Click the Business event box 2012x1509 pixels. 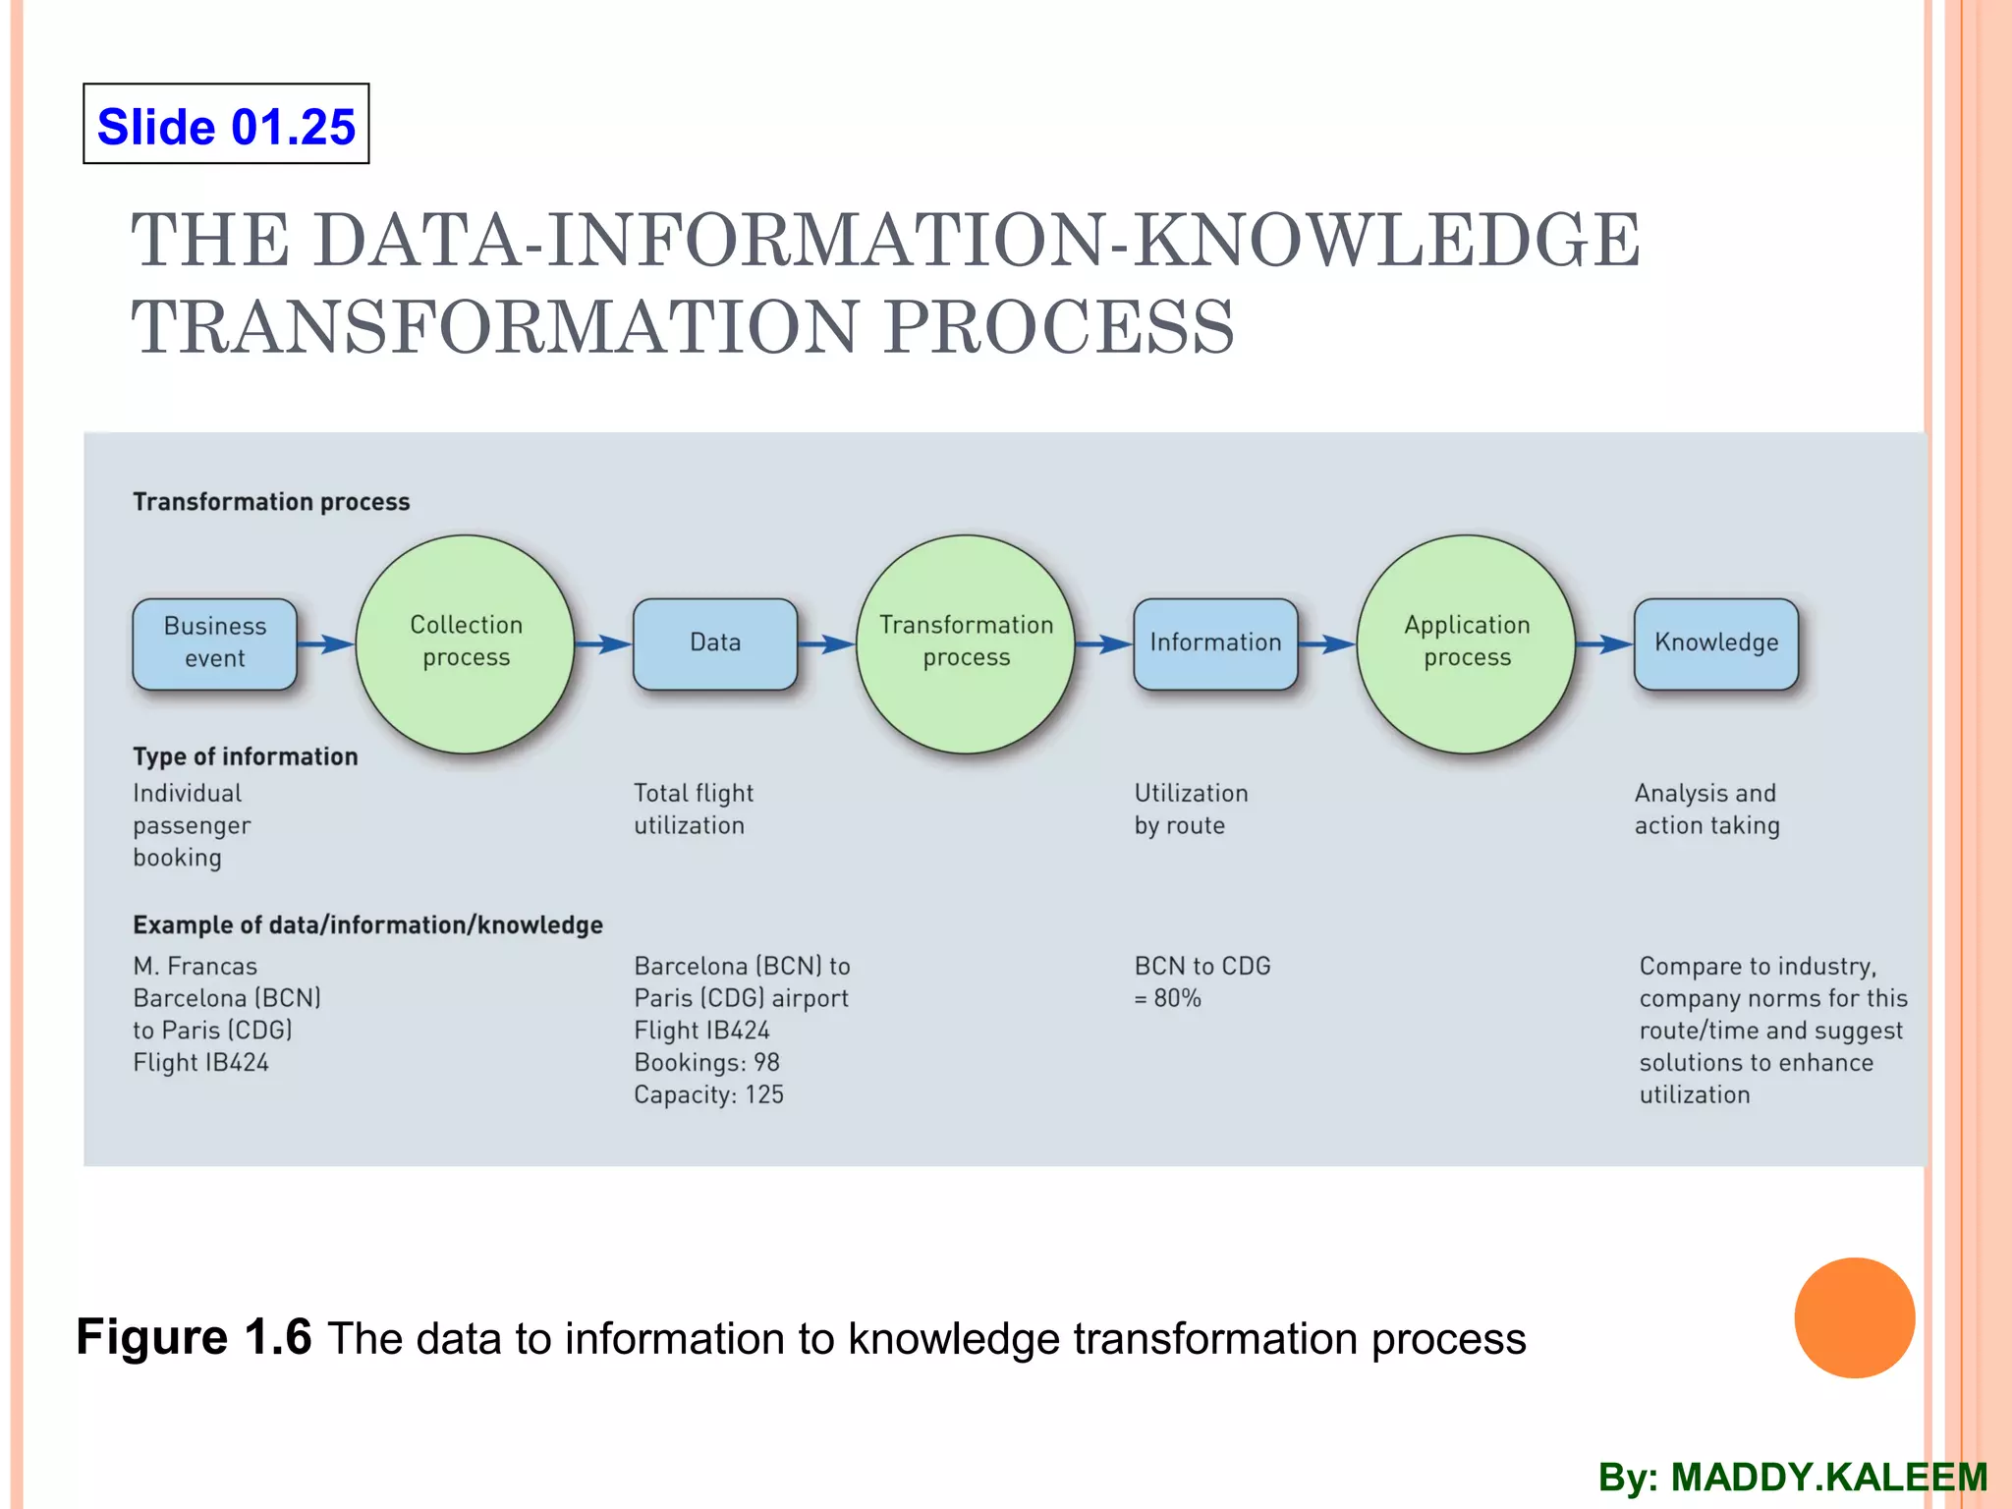pyautogui.click(x=214, y=643)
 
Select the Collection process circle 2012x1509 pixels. pyautogui.click(x=465, y=643)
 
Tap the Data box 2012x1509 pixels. pyautogui.click(x=715, y=643)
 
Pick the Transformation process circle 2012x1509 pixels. pyautogui.click(x=966, y=643)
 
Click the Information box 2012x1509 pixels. pyautogui.click(x=1215, y=643)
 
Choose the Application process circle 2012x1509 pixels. pyautogui.click(x=1466, y=643)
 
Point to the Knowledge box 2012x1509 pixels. pyautogui.click(x=1715, y=643)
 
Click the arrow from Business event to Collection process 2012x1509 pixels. pyautogui.click(x=325, y=644)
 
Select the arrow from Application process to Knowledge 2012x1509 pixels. pyautogui.click(x=1603, y=644)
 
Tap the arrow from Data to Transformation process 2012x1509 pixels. pyautogui.click(x=825, y=644)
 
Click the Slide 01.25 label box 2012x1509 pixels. pyautogui.click(x=226, y=124)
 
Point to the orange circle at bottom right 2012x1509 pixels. pyautogui.click(x=1854, y=1317)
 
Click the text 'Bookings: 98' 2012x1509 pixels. pyautogui.click(x=706, y=1062)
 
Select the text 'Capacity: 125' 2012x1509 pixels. pyautogui.click(x=708, y=1094)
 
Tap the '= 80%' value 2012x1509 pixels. pyautogui.click(x=1167, y=998)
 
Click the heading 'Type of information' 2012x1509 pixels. pyautogui.click(x=246, y=756)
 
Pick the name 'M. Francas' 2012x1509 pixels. pyautogui.click(x=195, y=966)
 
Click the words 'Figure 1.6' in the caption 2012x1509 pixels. pyautogui.click(x=194, y=1337)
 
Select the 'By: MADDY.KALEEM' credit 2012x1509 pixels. pyautogui.click(x=1792, y=1478)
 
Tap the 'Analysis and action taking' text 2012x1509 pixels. pyautogui.click(x=1706, y=809)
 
